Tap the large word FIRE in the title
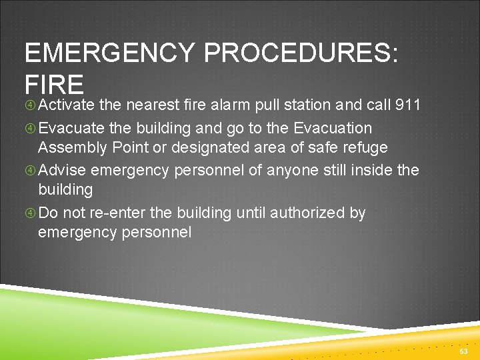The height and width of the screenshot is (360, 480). pos(54,85)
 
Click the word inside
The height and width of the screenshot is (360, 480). pos(368,170)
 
